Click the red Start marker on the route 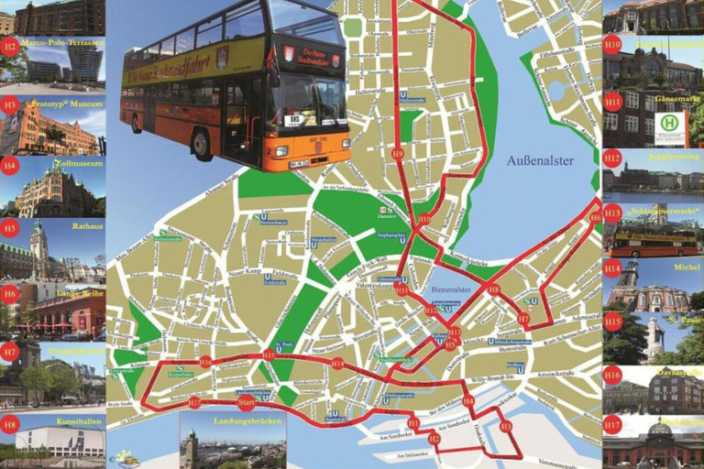pyautogui.click(x=246, y=401)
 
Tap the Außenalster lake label pyautogui.click(x=540, y=160)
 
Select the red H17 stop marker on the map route pyautogui.click(x=193, y=402)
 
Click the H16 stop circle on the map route pyautogui.click(x=205, y=362)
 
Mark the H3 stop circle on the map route pyautogui.click(x=506, y=426)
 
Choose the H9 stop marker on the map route pyautogui.click(x=397, y=154)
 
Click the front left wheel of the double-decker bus pyautogui.click(x=201, y=143)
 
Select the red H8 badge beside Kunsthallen pyautogui.click(x=9, y=423)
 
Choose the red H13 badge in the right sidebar pyautogui.click(x=612, y=213)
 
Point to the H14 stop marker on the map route pyautogui.click(x=338, y=364)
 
